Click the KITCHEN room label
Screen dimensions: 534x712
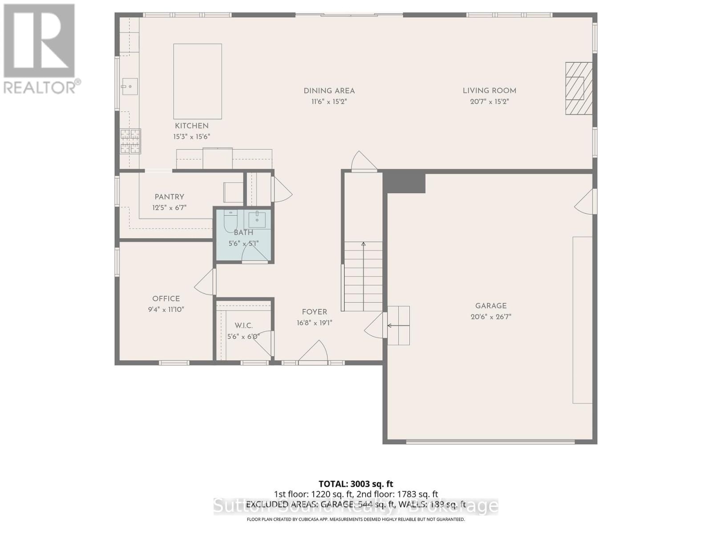(191, 126)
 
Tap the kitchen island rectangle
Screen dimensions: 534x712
(198, 81)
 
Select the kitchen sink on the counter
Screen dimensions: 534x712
(130, 87)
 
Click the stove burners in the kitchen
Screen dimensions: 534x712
(130, 141)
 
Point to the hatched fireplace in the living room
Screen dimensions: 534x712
(578, 88)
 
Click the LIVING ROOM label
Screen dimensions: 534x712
(489, 91)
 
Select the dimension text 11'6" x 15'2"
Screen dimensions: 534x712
(329, 101)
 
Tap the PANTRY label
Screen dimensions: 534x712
(169, 197)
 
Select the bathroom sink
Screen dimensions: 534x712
(257, 219)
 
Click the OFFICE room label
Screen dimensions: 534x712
(166, 299)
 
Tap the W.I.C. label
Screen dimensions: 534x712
(243, 326)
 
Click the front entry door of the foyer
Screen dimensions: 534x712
(313, 352)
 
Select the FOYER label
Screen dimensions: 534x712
(314, 312)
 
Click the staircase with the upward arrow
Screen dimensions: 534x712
(363, 276)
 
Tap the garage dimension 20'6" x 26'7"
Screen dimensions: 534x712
(491, 317)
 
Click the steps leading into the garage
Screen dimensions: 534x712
(398, 325)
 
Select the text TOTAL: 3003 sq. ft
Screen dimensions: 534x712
(356, 484)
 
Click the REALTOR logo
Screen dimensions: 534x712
(40, 49)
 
